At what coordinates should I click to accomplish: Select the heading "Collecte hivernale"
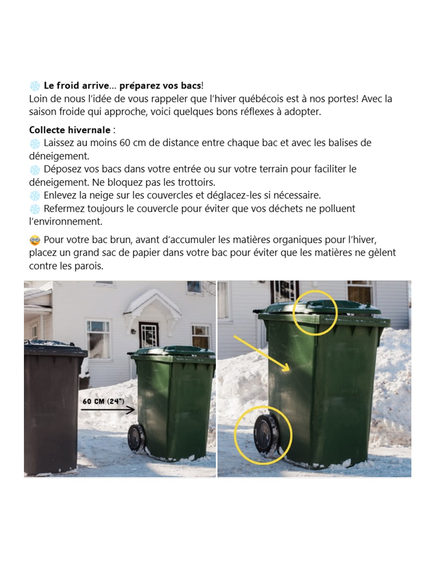pyautogui.click(x=70, y=130)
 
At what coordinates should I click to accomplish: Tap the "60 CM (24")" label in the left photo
pyautogui.click(x=103, y=401)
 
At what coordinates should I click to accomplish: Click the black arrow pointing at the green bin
pyautogui.click(x=107, y=410)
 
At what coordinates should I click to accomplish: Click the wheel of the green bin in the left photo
pyautogui.click(x=136, y=438)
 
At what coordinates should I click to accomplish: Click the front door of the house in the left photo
pyautogui.click(x=148, y=335)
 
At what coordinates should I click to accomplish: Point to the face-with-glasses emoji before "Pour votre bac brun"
pyautogui.click(x=35, y=240)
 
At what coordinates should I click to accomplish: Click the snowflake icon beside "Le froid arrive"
pyautogui.click(x=35, y=86)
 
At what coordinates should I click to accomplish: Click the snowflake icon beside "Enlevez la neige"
pyautogui.click(x=35, y=196)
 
